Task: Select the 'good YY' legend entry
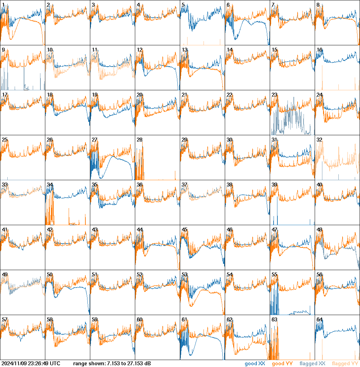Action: [282, 364]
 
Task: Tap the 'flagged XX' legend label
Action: [312, 364]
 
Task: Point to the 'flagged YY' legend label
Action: [345, 364]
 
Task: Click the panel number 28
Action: [139, 140]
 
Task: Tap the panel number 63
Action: [274, 319]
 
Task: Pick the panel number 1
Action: [3, 5]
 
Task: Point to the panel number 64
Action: [319, 319]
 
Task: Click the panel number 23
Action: [274, 95]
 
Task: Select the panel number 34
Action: [49, 185]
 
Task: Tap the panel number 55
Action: [274, 275]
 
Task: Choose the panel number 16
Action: [319, 50]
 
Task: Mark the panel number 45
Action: [184, 230]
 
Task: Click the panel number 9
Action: [3, 50]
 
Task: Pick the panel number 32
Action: [319, 140]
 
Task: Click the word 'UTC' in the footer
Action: [55, 364]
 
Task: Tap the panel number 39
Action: [274, 185]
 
